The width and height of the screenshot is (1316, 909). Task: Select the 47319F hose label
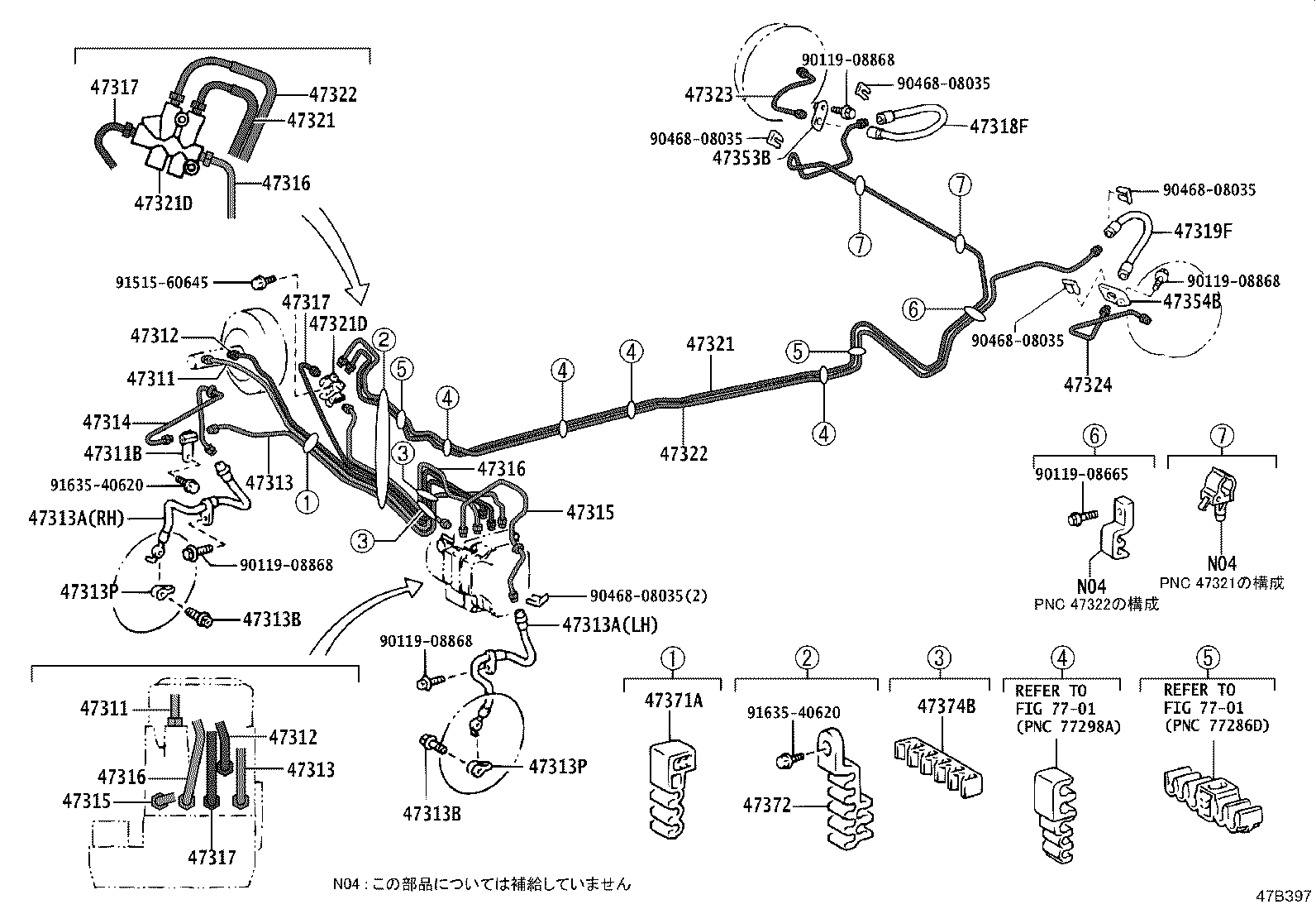[x=1203, y=232]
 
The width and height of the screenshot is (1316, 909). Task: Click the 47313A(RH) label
[x=75, y=519]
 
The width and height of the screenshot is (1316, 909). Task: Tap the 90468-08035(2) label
[x=649, y=596]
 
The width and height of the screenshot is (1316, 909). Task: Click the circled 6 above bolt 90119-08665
[x=1094, y=435]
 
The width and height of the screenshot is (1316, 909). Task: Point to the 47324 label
[x=1087, y=385]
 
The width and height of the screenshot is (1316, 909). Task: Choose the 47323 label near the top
[x=708, y=95]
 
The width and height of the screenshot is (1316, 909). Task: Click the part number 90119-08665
[x=1081, y=474]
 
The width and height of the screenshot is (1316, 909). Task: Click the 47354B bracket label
[x=1192, y=301]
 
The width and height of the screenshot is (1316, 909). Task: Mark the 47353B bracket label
[x=741, y=158]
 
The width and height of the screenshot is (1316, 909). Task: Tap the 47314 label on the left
[x=107, y=423]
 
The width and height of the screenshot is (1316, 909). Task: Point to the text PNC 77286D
[x=1216, y=725]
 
